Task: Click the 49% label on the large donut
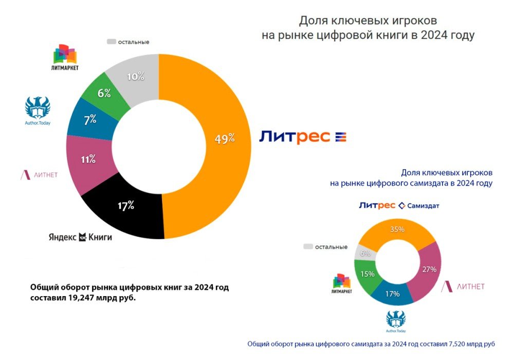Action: click(225, 138)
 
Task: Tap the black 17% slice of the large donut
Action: click(125, 207)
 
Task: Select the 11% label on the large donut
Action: click(88, 159)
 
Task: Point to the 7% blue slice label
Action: click(90, 119)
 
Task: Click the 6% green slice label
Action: click(104, 93)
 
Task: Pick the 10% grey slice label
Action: click(136, 77)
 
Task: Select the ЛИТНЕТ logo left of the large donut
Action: click(39, 175)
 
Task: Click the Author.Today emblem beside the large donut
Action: click(38, 109)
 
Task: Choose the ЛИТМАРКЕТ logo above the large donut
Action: click(65, 58)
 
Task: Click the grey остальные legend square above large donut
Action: click(111, 41)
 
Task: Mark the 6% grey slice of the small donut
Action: click(364, 252)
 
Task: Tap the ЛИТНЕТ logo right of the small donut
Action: click(463, 286)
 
